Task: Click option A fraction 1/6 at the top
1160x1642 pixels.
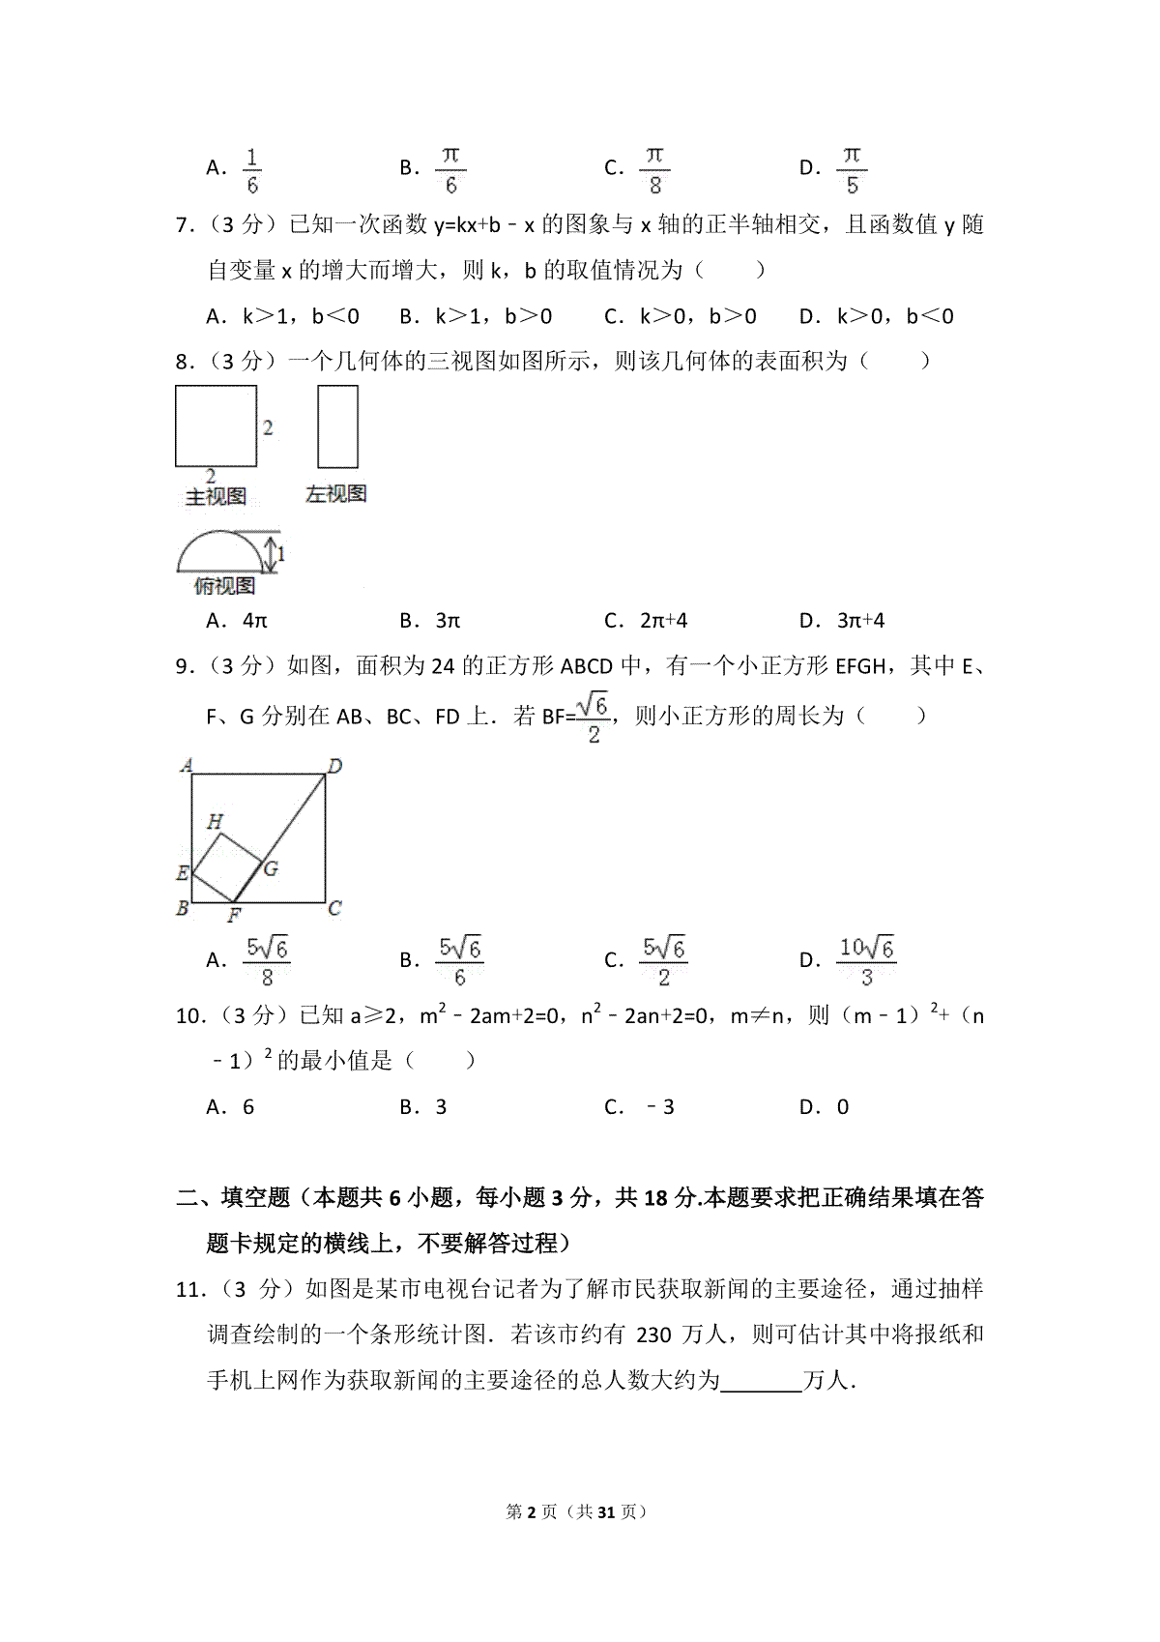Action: [252, 170]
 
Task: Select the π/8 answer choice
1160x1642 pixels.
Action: [654, 170]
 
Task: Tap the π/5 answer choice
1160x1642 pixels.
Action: [851, 170]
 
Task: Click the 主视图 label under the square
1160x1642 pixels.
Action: [216, 497]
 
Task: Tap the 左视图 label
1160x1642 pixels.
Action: [335, 494]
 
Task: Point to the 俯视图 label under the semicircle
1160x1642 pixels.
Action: [223, 586]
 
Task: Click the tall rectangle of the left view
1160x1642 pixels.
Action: [337, 426]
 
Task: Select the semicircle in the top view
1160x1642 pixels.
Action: [218, 552]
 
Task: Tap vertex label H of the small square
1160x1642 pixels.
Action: [215, 822]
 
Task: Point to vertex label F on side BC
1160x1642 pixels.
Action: [233, 916]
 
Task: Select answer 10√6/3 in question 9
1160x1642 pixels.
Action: [866, 960]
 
